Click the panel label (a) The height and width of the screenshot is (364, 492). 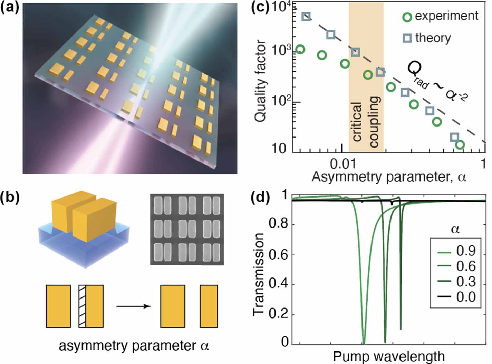coord(10,8)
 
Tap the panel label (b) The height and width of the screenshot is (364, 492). coord(10,197)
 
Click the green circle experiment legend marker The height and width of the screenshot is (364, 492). coord(407,17)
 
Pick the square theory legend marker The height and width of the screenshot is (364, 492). coord(407,38)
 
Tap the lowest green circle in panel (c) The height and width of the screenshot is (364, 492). coord(460,145)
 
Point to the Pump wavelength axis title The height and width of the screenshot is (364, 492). coord(389,356)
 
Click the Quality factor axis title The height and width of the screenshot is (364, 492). coord(261,81)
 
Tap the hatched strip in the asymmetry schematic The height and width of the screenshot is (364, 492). coord(82,306)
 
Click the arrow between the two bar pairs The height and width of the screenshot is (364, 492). coord(133,306)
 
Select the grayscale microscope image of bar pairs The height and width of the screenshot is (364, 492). coord(187,229)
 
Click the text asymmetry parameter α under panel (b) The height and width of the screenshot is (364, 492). coord(134,345)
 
